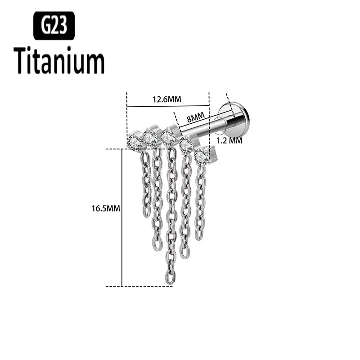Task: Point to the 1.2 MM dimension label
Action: coord(229,140)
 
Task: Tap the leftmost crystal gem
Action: coord(135,141)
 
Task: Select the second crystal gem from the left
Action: coord(150,136)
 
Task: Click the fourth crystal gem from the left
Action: coord(185,145)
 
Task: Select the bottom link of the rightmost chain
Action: coord(198,234)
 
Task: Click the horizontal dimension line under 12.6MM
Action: coord(167,107)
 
